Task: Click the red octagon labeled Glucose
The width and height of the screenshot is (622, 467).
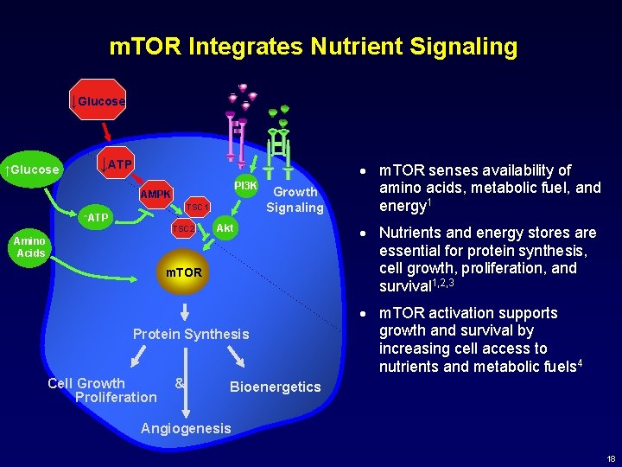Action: click(100, 102)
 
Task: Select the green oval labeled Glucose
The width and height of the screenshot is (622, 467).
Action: click(34, 169)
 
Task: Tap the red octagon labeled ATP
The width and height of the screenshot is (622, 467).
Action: click(117, 164)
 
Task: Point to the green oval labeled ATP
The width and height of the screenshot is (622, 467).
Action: click(96, 217)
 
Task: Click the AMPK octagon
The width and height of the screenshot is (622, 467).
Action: click(156, 193)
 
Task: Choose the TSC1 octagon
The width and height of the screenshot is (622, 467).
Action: click(198, 207)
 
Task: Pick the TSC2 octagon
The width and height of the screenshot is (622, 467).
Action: click(184, 228)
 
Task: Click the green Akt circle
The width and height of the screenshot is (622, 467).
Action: click(225, 227)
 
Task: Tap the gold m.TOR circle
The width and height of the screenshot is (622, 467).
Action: click(184, 272)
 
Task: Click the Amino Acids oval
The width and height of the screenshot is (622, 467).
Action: click(31, 247)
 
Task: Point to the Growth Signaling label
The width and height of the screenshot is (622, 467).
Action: click(295, 199)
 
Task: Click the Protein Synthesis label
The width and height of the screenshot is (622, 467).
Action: click(191, 334)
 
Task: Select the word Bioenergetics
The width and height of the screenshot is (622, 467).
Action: click(275, 387)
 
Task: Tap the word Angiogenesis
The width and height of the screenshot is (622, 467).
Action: click(186, 428)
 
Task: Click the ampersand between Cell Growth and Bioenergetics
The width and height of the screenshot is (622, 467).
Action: click(179, 382)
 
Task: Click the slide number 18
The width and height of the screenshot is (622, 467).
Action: click(611, 458)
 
